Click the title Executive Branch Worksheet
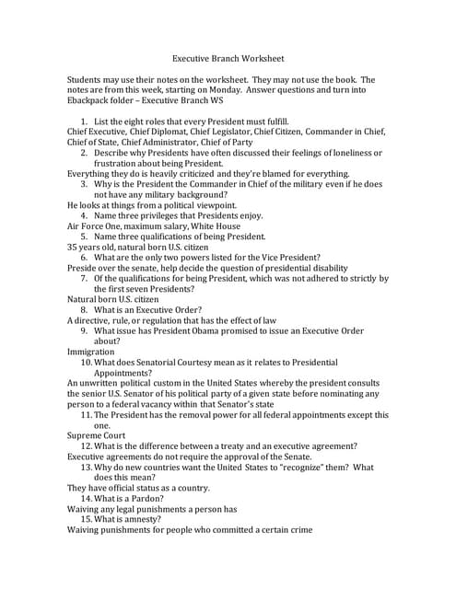click(228, 57)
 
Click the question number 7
click(84, 278)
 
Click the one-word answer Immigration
click(91, 352)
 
